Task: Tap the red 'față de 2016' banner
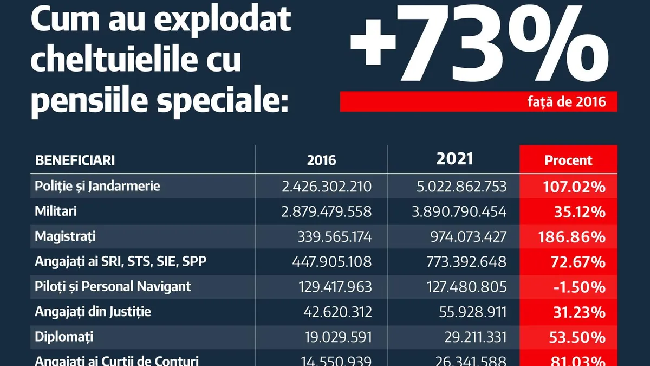478,101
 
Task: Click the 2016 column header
321,160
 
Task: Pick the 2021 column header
454,159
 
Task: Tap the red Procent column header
568,160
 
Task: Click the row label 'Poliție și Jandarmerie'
97,187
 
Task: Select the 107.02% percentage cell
574,187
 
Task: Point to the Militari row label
56,211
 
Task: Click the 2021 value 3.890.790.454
459,211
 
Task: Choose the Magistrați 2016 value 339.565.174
334,236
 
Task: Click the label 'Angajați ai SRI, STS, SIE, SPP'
120,261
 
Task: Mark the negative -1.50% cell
579,287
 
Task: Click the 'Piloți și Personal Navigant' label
113,286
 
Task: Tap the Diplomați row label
64,336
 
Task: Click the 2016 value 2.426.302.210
327,187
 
